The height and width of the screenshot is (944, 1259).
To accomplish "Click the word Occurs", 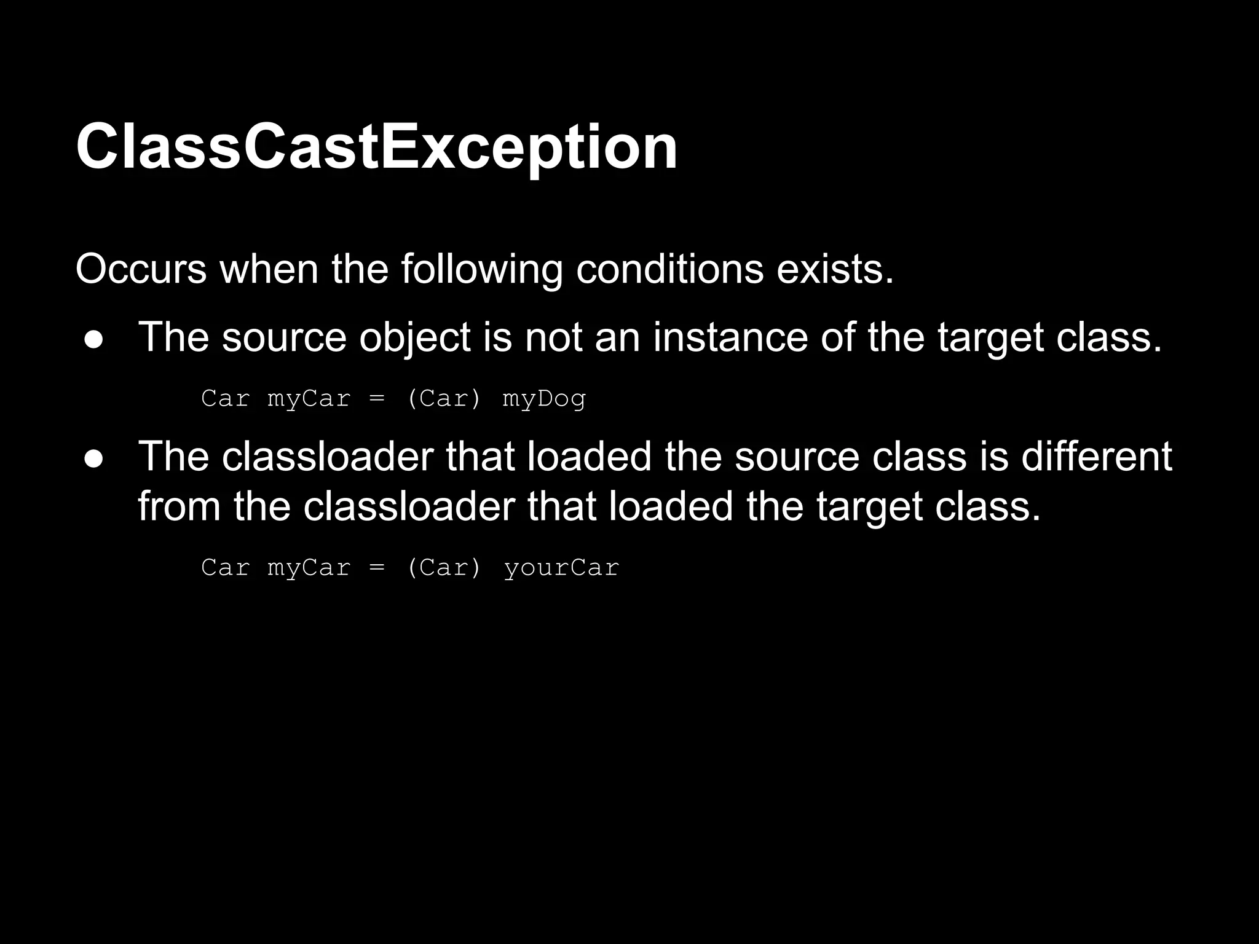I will pos(141,269).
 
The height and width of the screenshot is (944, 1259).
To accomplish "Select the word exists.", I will pos(834,269).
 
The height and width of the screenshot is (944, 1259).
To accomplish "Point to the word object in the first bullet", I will pos(414,337).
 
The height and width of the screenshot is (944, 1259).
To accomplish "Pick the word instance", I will pos(730,337).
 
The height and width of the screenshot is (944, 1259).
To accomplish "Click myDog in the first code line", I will pos(544,399).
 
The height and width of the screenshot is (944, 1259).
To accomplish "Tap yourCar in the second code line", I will pos(561,567).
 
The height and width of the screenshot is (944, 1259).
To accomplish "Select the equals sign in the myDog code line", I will pos(377,399).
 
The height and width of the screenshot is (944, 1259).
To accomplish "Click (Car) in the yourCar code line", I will pos(444,567).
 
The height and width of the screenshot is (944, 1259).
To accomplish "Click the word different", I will pos(1096,457).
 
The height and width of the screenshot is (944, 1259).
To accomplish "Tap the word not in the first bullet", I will pos(553,337).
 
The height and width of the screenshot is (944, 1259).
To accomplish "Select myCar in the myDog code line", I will pos(309,399).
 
